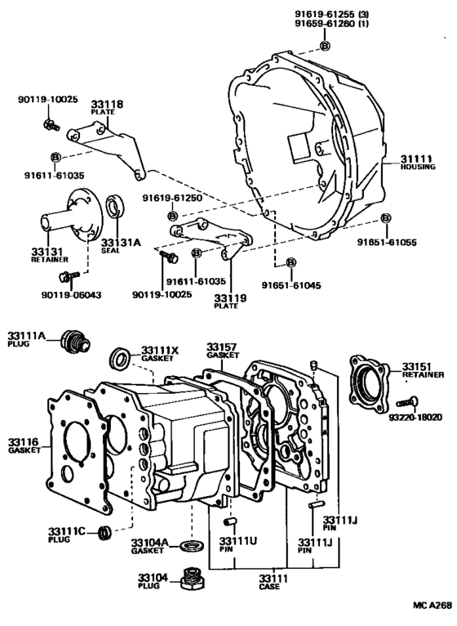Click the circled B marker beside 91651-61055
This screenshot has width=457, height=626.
pyautogui.click(x=387, y=219)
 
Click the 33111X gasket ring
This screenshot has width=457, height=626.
pyautogui.click(x=119, y=358)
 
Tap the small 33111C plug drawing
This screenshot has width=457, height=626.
pyautogui.click(x=104, y=534)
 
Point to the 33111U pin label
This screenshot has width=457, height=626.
pyautogui.click(x=237, y=544)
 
